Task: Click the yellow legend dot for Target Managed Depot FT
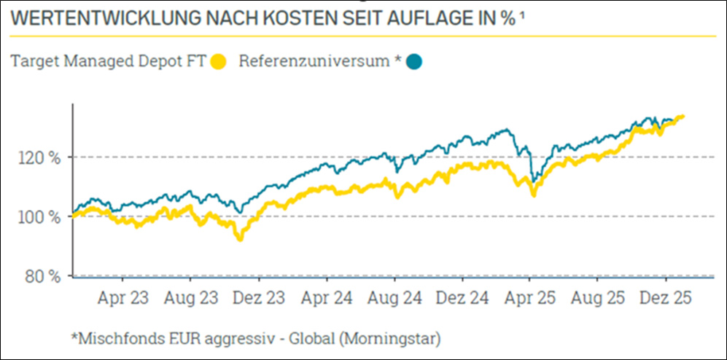(x=217, y=62)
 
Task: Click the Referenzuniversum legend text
(x=314, y=61)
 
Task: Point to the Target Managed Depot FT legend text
(x=108, y=61)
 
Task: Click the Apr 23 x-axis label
(x=123, y=299)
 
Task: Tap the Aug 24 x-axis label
(x=394, y=299)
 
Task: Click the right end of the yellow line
(x=682, y=116)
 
